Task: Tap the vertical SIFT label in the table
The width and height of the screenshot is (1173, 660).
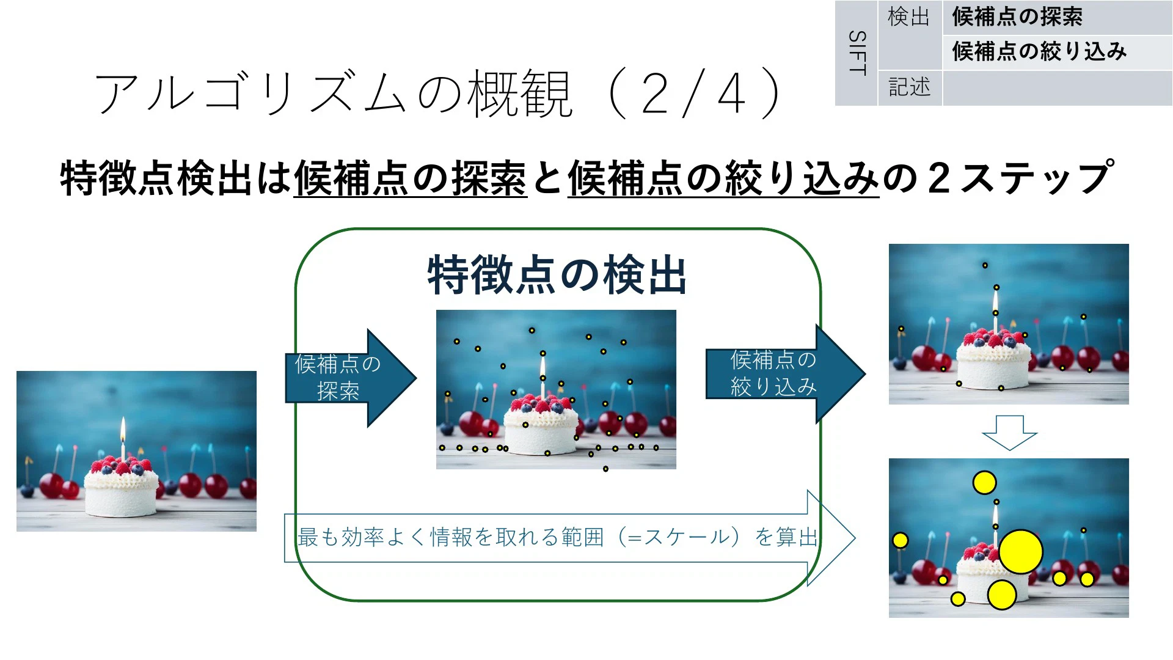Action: (857, 53)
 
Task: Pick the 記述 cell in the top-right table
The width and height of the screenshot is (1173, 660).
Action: (910, 87)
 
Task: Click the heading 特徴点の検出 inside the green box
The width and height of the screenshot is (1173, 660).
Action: (557, 275)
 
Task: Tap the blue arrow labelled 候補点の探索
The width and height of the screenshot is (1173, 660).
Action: (351, 378)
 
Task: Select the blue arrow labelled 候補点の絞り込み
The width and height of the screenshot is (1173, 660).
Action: (786, 373)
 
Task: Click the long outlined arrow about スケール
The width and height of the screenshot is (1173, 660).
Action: (569, 538)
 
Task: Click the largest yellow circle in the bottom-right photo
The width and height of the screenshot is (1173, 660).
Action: (1021, 552)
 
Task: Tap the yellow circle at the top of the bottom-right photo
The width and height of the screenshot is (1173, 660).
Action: (984, 483)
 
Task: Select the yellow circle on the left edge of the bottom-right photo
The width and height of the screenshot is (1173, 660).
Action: (900, 540)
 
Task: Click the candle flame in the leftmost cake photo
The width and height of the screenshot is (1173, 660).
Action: (123, 430)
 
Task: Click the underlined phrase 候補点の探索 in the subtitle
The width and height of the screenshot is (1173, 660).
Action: (410, 178)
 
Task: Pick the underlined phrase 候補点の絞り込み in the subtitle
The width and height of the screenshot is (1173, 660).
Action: (723, 178)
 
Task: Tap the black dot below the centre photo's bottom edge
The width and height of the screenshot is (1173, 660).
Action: (605, 469)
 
